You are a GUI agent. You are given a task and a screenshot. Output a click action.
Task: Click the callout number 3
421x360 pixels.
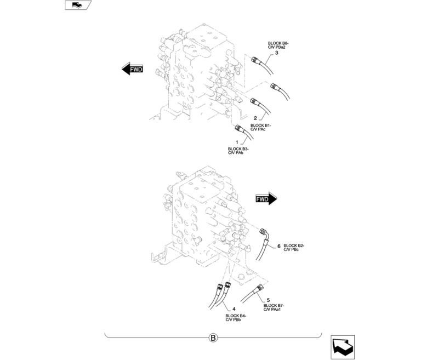point(277,53)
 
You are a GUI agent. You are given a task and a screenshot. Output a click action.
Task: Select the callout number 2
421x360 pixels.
point(255,118)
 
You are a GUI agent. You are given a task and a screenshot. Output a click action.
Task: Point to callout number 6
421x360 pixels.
point(278,246)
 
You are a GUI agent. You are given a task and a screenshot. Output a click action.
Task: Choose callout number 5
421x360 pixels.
point(268,300)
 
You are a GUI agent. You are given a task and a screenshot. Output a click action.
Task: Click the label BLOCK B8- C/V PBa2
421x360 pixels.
point(278,45)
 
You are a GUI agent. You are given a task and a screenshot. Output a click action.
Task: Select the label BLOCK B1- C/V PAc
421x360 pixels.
point(260,127)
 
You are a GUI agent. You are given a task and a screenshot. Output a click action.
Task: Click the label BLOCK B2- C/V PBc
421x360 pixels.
point(294,248)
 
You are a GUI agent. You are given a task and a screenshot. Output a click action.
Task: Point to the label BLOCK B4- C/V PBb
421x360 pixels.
point(236,318)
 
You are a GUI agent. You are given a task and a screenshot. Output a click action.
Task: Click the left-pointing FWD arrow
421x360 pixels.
point(132,69)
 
